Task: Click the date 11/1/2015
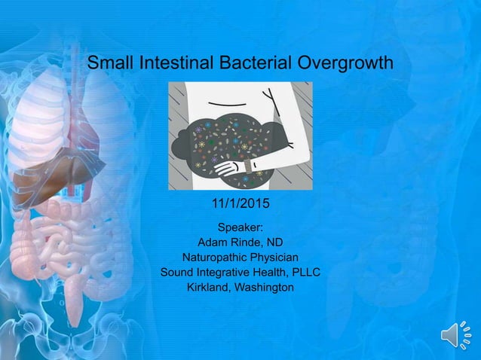tap(240, 203)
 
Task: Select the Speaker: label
tap(240, 227)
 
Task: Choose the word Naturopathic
tap(214, 257)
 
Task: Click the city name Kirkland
tap(209, 287)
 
